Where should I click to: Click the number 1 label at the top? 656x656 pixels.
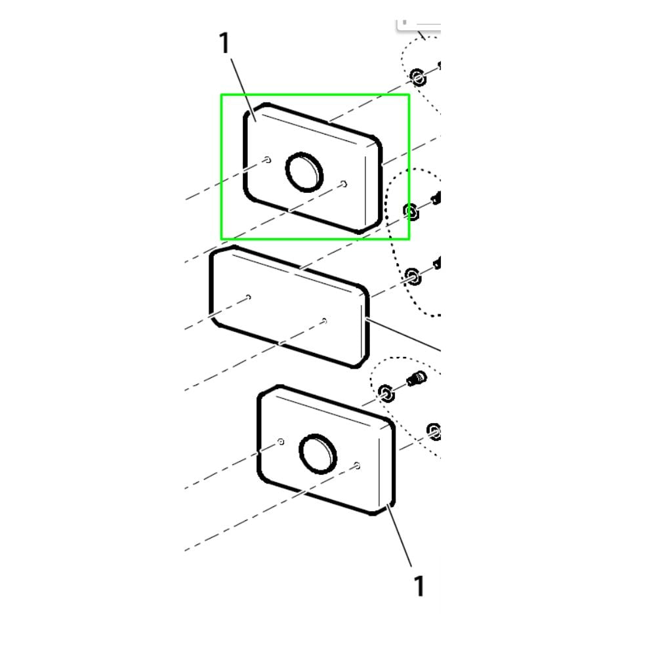[x=224, y=43]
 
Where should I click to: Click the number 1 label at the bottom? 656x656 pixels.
[x=419, y=586]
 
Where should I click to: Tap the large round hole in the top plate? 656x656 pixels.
[x=304, y=172]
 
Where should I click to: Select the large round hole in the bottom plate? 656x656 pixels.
[x=318, y=454]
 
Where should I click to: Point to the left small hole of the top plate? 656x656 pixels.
[x=268, y=159]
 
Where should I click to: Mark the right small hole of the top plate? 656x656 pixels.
[x=344, y=184]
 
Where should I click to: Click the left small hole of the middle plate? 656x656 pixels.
[x=249, y=297]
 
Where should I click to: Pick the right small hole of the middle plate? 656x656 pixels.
[x=324, y=321]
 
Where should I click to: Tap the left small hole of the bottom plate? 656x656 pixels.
[x=281, y=441]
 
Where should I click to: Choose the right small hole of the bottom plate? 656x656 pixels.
[x=357, y=465]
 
